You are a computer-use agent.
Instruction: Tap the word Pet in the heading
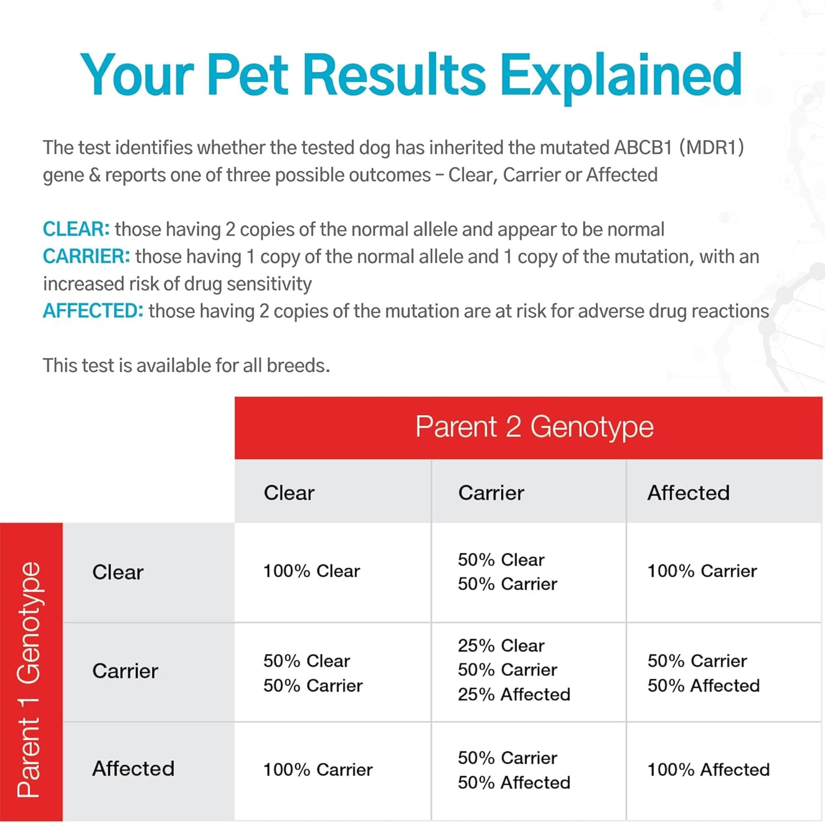tap(247, 75)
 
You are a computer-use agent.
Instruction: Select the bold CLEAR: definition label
tap(76, 230)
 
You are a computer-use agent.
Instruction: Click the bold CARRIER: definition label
tap(86, 257)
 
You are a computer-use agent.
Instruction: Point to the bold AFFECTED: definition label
tap(93, 311)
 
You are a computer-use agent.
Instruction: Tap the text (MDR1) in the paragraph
tap(711, 148)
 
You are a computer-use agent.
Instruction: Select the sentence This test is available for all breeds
tap(186, 366)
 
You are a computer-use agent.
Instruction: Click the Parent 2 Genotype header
tap(534, 427)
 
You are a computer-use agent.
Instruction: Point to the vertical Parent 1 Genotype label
tap(30, 679)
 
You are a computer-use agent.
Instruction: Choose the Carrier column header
tap(491, 493)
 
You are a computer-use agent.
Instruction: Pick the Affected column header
tap(688, 493)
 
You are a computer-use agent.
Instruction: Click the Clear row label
tap(118, 572)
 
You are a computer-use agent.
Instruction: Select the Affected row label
tap(133, 769)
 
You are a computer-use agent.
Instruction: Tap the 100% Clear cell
tap(311, 571)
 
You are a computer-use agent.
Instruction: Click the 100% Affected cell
tap(708, 770)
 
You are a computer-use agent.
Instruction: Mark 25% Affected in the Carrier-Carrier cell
tap(514, 694)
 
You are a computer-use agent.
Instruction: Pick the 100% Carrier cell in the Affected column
tap(702, 571)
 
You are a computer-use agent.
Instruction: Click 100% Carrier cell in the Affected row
tap(317, 770)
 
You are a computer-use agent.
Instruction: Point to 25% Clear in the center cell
tap(501, 646)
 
